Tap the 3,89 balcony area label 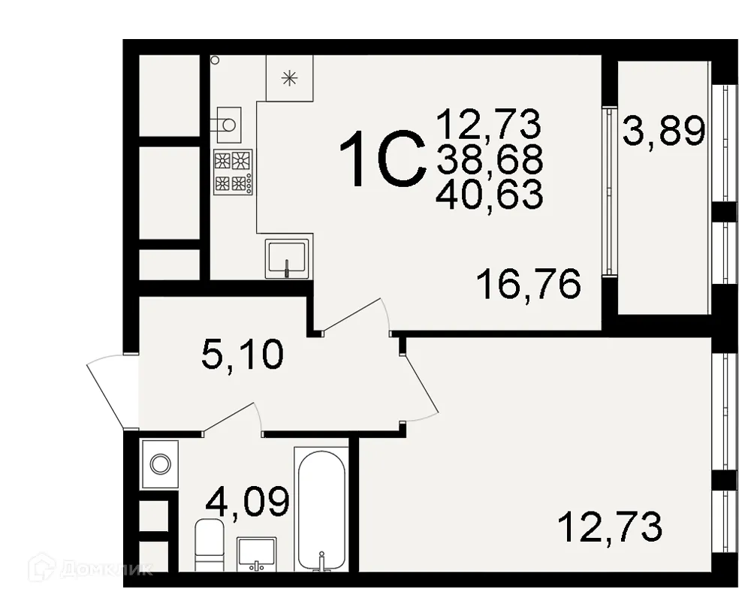tap(664, 133)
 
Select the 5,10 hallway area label tap(243, 354)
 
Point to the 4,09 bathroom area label tap(247, 502)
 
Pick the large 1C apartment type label tap(383, 159)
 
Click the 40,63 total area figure tap(489, 195)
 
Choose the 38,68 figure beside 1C tap(489, 159)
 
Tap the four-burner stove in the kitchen tap(232, 171)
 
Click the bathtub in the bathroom tap(322, 511)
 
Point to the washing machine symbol tap(160, 464)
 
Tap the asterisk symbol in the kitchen tap(289, 77)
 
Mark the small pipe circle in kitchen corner tap(215, 59)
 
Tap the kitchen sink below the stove tap(287, 258)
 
